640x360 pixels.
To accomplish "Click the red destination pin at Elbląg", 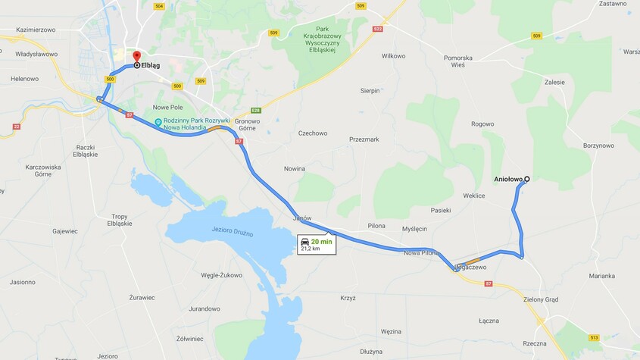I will (x=136, y=57).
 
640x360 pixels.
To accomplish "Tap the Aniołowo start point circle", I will (x=526, y=180).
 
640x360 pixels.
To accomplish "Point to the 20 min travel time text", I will (x=321, y=241).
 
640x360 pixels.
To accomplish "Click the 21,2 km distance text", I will (x=311, y=249).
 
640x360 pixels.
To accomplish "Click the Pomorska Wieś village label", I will (x=469, y=61).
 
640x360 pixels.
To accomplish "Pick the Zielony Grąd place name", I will (x=541, y=299).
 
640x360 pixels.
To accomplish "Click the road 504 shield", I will (x=158, y=6).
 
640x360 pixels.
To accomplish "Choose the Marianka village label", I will (x=601, y=276).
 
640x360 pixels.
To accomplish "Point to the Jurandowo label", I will (x=204, y=308).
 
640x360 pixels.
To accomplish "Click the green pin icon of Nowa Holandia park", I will (x=158, y=122).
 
